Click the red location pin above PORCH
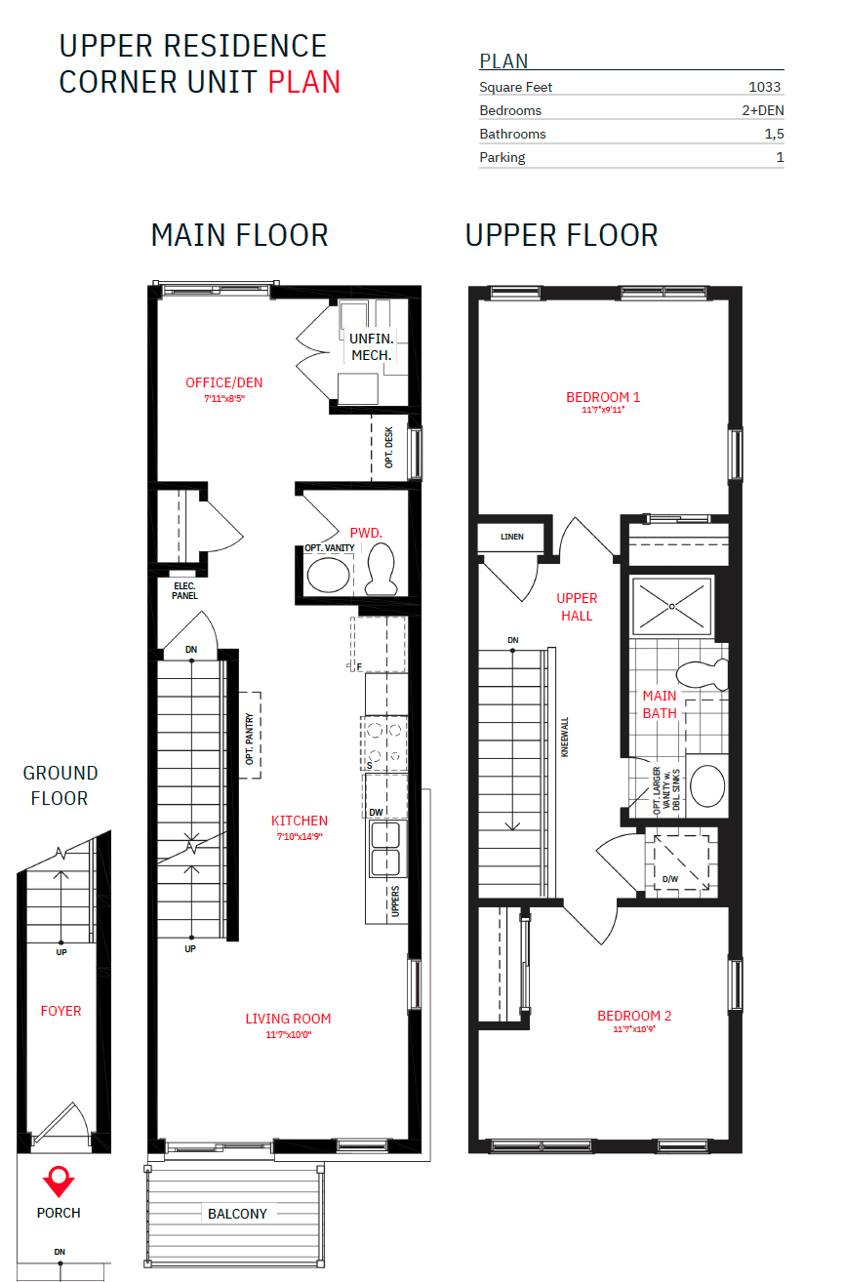click(x=60, y=1181)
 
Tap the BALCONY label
click(x=237, y=1214)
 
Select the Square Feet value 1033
click(x=764, y=87)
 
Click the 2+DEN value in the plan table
click(x=762, y=110)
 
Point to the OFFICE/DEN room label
click(x=224, y=382)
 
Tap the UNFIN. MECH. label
click(x=371, y=347)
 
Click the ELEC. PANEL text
click(x=184, y=590)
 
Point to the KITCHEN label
click(x=300, y=821)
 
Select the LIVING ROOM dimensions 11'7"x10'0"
click(x=288, y=1035)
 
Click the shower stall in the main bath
click(x=672, y=607)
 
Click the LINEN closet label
click(x=512, y=537)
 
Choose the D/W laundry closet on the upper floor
click(x=681, y=862)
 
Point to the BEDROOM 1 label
click(x=603, y=397)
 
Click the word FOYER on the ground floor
click(x=60, y=1011)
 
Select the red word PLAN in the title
click(x=304, y=82)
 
